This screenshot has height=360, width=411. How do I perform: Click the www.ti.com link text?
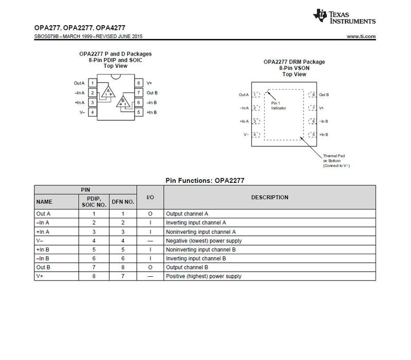click(x=361, y=36)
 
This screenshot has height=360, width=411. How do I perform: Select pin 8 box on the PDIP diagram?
click(x=139, y=83)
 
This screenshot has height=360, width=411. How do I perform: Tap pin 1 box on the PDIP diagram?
click(x=92, y=83)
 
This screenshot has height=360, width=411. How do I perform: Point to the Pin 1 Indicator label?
click(x=278, y=106)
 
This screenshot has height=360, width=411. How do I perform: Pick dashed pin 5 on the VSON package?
click(x=313, y=135)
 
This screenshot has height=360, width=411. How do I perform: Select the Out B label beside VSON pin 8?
click(x=324, y=94)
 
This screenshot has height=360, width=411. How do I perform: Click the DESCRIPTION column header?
click(x=269, y=197)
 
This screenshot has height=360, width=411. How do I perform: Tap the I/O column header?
click(x=150, y=197)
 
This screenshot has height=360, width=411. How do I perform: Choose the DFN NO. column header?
click(x=123, y=202)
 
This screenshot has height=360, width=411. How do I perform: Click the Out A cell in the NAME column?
click(x=43, y=214)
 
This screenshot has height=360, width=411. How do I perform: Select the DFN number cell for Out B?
click(x=123, y=268)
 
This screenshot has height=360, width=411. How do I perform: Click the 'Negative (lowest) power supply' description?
click(x=203, y=241)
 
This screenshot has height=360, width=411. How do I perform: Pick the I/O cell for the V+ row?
click(x=150, y=276)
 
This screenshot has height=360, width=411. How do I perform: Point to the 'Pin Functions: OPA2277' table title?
click(x=204, y=181)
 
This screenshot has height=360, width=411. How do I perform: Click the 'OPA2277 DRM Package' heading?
click(x=294, y=62)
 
